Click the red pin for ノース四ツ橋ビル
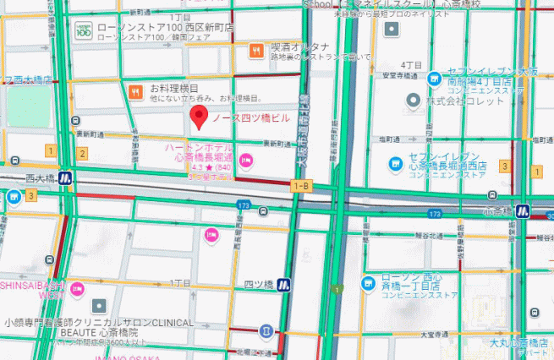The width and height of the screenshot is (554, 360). point(199,117)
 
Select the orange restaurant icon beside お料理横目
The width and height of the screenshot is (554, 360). point(134,90)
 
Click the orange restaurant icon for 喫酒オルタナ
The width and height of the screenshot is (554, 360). point(255,51)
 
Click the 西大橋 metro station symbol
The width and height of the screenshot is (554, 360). point(65,179)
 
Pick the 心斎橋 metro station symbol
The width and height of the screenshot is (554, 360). point(523,210)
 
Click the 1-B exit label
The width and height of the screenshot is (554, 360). point(300,185)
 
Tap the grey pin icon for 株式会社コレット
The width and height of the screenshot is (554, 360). point(414,101)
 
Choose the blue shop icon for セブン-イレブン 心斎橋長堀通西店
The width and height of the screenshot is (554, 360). point(394,163)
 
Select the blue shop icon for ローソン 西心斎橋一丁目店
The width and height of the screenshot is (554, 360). point(370,282)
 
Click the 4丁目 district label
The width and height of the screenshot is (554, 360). point(412,64)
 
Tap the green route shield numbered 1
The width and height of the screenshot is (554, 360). point(337,290)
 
